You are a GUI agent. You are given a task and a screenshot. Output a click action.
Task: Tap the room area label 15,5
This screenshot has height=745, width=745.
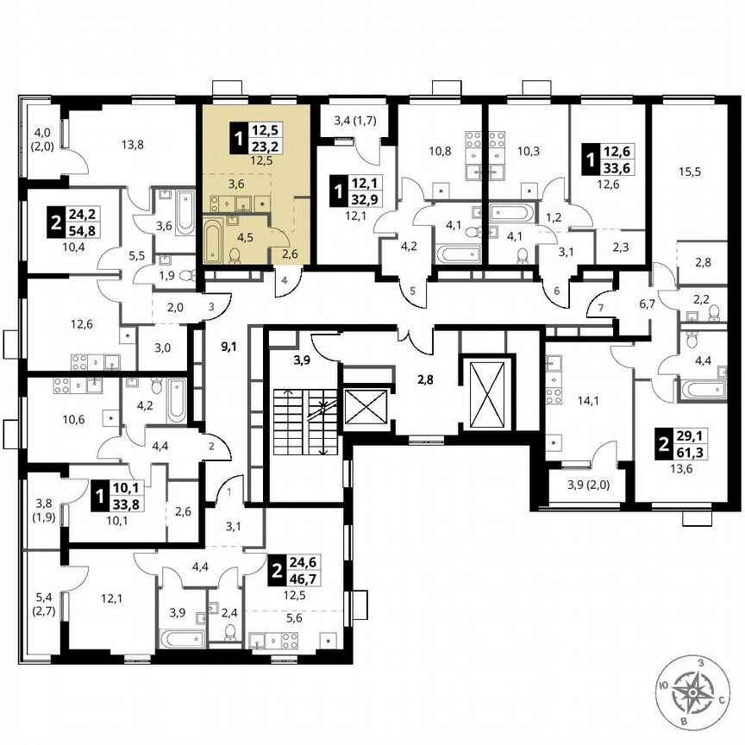pyautogui.click(x=689, y=172)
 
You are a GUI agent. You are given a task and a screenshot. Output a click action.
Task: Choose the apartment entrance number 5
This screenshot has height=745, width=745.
pyautogui.click(x=412, y=291)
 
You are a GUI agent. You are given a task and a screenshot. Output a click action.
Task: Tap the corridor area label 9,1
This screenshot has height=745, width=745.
pyautogui.click(x=229, y=349)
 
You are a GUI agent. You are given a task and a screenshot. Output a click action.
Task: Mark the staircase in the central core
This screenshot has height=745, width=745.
pyautogui.click(x=302, y=423)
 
